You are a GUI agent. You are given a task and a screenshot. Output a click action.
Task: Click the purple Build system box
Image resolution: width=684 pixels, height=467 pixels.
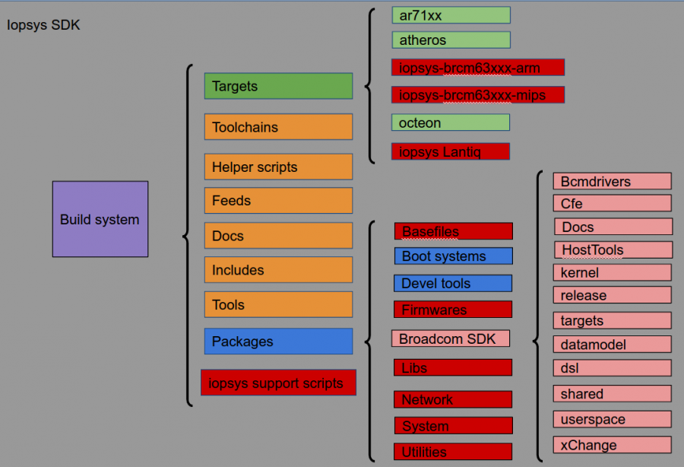(x=100, y=219)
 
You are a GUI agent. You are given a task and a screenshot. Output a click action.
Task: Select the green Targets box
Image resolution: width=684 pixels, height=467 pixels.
(x=278, y=86)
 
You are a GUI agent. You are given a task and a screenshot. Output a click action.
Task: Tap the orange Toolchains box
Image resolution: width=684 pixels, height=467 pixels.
(x=278, y=127)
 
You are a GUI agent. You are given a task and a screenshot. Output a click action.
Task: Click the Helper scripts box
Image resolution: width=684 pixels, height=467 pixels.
(x=278, y=167)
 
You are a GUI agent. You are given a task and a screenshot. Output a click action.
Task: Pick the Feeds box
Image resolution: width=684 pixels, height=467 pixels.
(x=278, y=201)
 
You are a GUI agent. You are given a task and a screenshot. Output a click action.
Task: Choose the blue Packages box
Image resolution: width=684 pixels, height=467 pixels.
(x=278, y=342)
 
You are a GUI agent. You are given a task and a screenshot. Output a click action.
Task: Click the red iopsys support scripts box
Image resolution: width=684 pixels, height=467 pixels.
(x=278, y=383)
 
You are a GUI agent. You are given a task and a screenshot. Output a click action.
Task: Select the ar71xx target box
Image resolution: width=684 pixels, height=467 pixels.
(x=451, y=15)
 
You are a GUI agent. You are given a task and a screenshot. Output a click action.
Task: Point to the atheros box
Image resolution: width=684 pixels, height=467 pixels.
(x=451, y=40)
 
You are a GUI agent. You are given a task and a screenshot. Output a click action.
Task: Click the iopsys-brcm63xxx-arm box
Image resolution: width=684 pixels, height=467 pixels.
(x=478, y=68)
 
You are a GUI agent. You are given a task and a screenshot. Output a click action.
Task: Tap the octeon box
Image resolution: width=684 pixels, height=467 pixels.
(x=451, y=122)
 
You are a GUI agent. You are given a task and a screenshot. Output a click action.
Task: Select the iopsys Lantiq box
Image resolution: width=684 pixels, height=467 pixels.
(x=451, y=151)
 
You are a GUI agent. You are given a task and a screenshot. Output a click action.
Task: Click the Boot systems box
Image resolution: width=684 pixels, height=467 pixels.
(x=453, y=256)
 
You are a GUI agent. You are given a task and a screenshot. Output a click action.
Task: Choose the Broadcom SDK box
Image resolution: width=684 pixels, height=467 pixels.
(x=451, y=338)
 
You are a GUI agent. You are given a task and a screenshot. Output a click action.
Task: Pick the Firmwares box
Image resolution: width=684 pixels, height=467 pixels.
(x=453, y=310)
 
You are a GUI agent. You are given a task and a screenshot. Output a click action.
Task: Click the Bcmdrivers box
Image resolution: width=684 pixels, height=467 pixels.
(x=612, y=181)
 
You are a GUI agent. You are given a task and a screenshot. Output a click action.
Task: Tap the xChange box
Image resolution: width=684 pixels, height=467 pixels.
(x=612, y=445)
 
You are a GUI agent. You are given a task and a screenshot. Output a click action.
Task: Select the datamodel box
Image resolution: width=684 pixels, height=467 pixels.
(x=612, y=345)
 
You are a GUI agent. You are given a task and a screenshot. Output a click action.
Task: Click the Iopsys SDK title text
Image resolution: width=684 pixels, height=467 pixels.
(x=43, y=25)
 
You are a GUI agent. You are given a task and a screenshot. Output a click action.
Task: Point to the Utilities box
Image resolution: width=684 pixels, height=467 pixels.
(x=453, y=452)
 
